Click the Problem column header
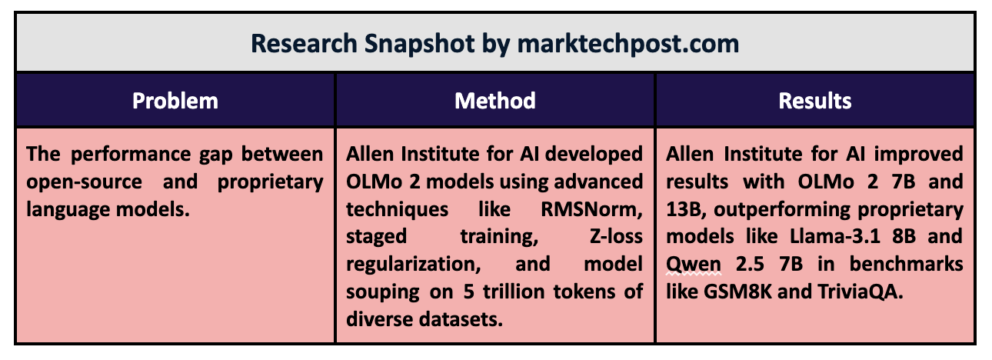pyautogui.click(x=175, y=101)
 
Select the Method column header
pyautogui.click(x=495, y=101)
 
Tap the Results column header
pyautogui.click(x=815, y=101)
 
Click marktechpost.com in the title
pyautogui.click(x=628, y=44)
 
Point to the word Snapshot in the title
pyautogui.click(x=419, y=44)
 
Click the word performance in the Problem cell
pyautogui.click(x=131, y=155)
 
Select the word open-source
pyautogui.click(x=84, y=182)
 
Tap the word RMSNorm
pyautogui.click(x=591, y=209)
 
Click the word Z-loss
pyautogui.click(x=616, y=236)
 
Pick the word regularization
pyautogui.click(x=414, y=265)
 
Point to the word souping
pyautogui.click(x=383, y=292)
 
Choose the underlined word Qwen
pyautogui.click(x=694, y=265)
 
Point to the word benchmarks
pyautogui.click(x=906, y=264)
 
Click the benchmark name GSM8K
pyautogui.click(x=737, y=292)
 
